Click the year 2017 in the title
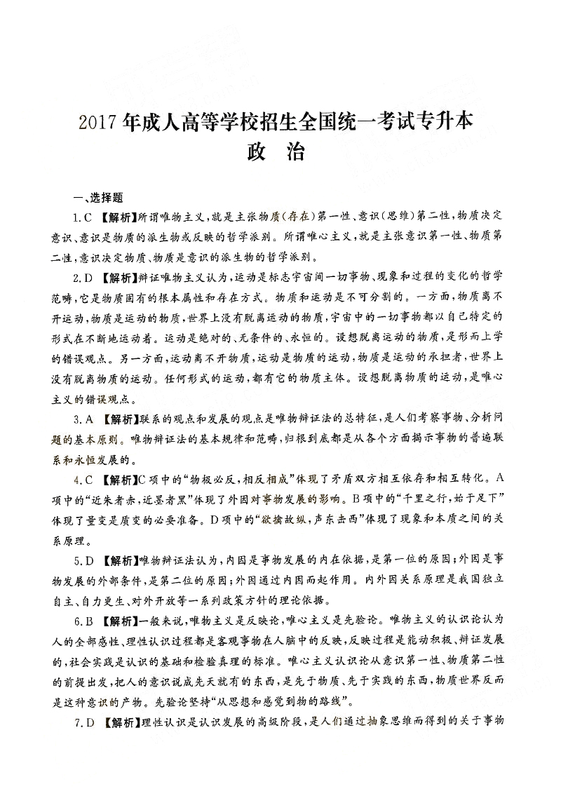(x=99, y=121)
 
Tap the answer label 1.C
(x=83, y=215)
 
